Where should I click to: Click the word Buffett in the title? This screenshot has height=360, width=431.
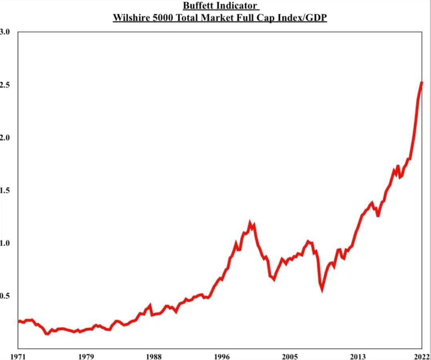[x=198, y=6]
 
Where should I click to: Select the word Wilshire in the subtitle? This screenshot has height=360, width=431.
[x=130, y=18]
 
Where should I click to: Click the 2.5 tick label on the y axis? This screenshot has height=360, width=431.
[x=4, y=85]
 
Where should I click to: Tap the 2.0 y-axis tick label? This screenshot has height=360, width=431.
[x=4, y=138]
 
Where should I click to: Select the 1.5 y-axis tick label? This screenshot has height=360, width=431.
[x=4, y=190]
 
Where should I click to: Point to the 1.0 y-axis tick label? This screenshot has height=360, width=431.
[x=4, y=243]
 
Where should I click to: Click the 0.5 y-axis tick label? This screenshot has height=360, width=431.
[x=4, y=296]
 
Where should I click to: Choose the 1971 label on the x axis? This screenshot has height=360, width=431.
[x=18, y=356]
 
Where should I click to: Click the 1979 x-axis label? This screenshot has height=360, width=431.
[x=86, y=356]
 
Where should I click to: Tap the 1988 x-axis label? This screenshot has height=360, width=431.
[x=154, y=356]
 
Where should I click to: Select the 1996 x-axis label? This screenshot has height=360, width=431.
[x=222, y=356]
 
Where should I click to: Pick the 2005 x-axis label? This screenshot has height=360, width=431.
[x=290, y=356]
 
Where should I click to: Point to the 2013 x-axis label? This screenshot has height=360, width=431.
[x=358, y=356]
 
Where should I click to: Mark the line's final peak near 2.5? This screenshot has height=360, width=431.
[x=421, y=83]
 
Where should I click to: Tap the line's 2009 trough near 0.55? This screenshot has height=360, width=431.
[x=322, y=290]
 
